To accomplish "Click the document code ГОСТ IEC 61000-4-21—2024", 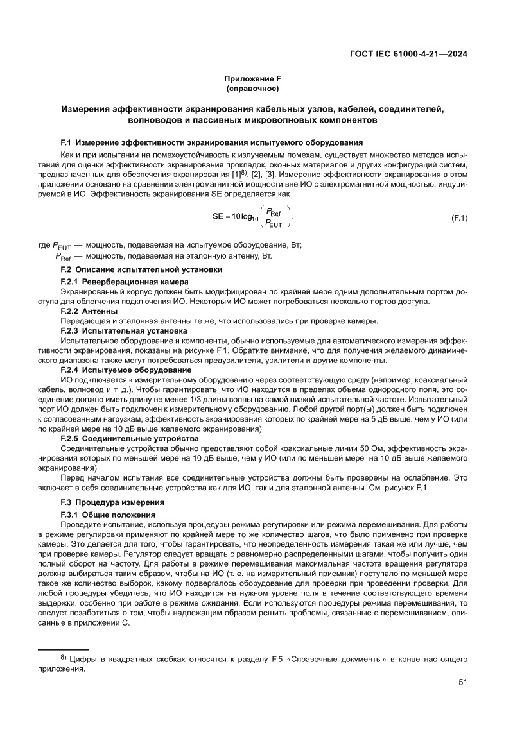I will coord(408,54).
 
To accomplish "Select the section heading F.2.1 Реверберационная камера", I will coord(124,282).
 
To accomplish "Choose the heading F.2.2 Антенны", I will coord(89,311).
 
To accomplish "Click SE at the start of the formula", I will coord(218,217).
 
